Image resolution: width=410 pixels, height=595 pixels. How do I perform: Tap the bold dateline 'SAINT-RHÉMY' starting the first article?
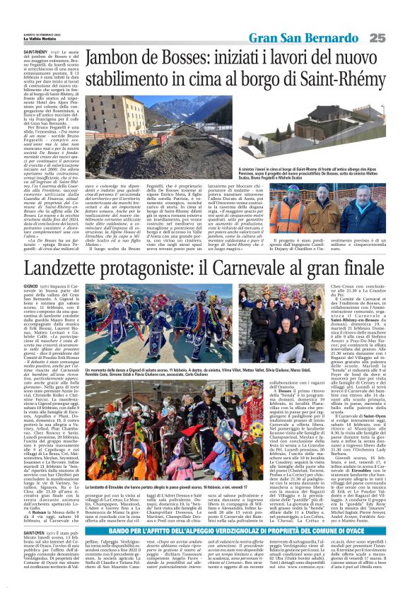[35, 52]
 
